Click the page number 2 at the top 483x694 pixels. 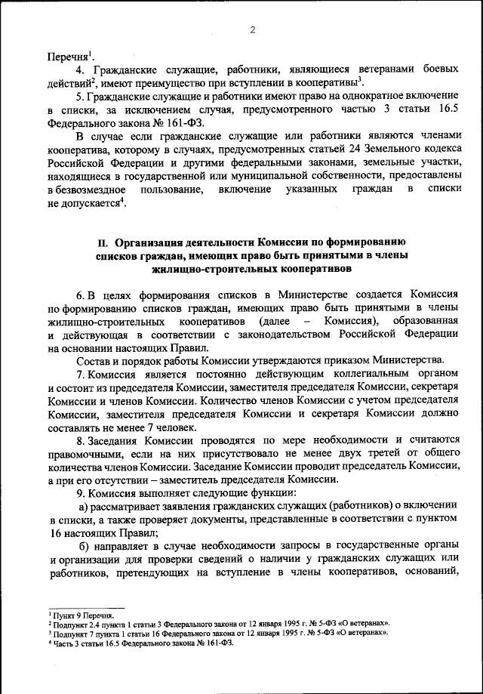click(x=252, y=29)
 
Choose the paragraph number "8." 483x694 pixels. click(x=81, y=441)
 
